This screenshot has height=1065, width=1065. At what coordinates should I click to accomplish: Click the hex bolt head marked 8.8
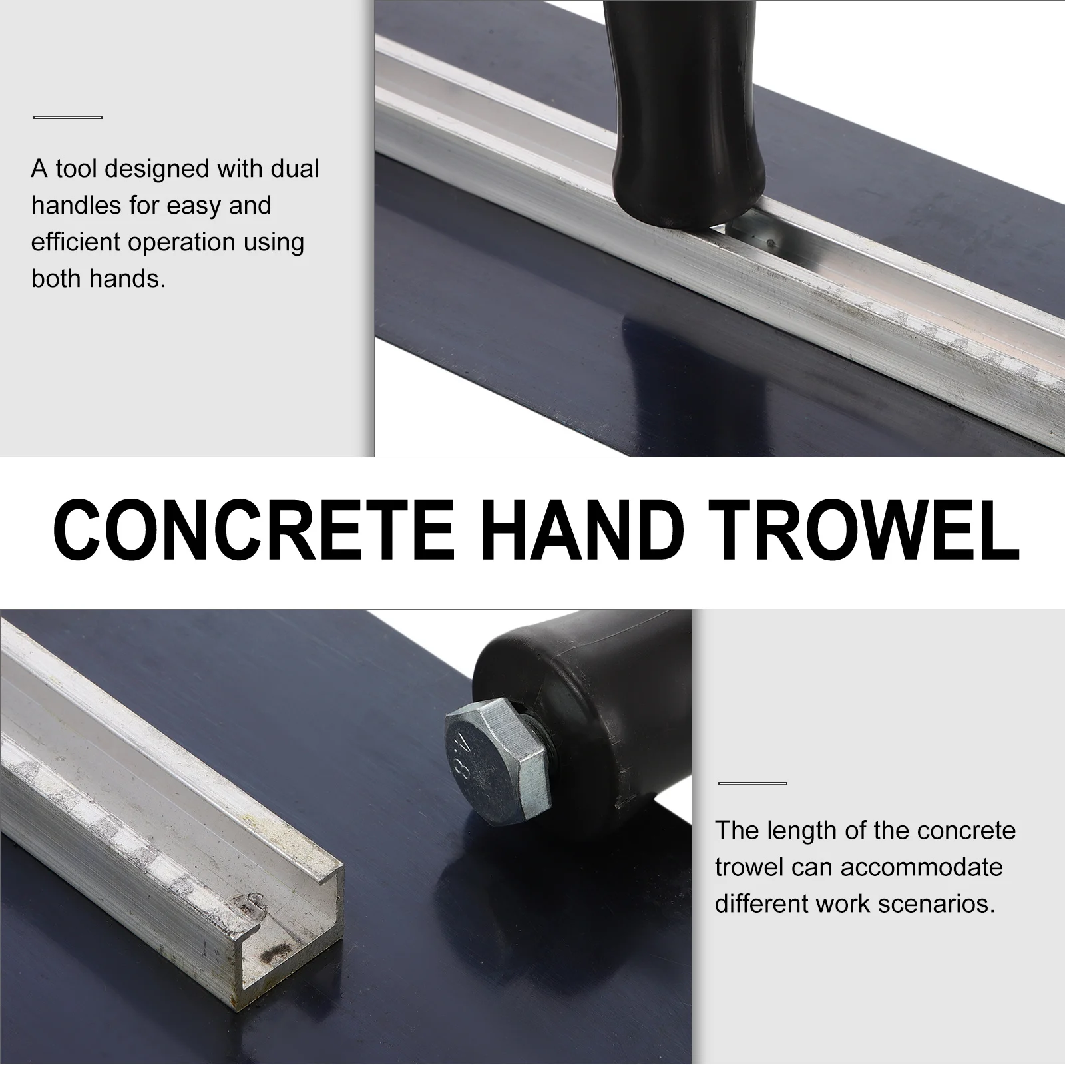[498, 763]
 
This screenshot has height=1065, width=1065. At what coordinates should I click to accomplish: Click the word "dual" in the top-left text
[294, 168]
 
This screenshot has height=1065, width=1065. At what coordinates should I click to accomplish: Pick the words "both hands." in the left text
[98, 278]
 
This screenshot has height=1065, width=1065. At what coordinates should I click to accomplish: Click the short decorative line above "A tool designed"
[68, 118]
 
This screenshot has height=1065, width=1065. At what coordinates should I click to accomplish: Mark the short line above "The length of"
[752, 783]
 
